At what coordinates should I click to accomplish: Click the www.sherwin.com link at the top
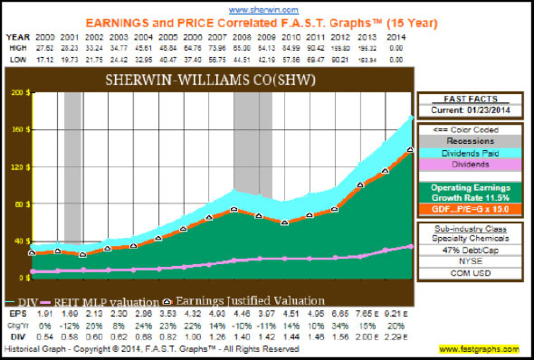point(264,10)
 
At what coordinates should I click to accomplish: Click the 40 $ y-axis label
point(19,241)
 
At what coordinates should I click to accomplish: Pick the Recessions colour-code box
point(470,142)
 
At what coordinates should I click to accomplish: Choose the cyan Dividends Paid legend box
point(470,153)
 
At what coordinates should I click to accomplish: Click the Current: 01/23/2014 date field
point(470,110)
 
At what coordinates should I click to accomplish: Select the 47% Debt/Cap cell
point(470,250)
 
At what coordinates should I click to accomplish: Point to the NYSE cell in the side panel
point(470,262)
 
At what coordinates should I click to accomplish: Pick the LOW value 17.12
point(44,59)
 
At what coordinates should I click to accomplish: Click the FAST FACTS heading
point(470,99)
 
